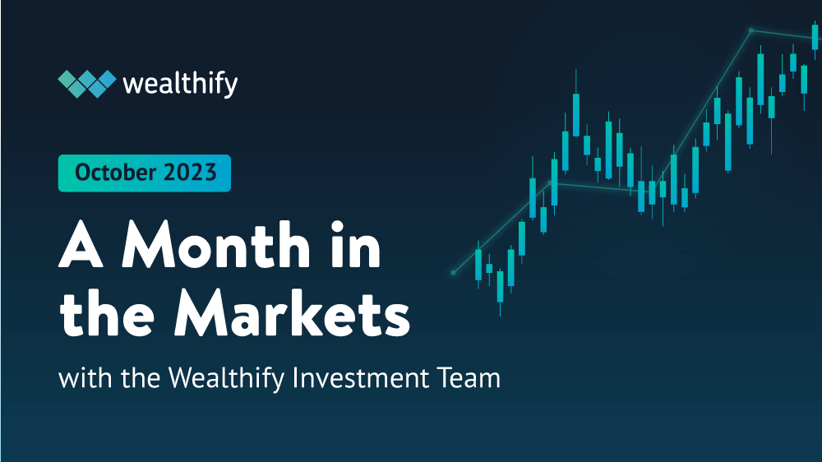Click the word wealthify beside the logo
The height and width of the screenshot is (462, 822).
[x=179, y=84]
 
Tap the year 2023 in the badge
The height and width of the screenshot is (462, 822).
[x=190, y=173]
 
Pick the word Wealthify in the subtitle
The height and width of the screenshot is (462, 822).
[x=219, y=381]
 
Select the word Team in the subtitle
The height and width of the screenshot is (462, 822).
[x=469, y=379]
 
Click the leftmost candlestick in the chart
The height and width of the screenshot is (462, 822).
[x=478, y=264]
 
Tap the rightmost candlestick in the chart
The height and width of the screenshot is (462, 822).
[x=815, y=38]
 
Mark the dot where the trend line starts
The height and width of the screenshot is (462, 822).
[x=453, y=272]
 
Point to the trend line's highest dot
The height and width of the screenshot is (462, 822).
[x=751, y=30]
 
